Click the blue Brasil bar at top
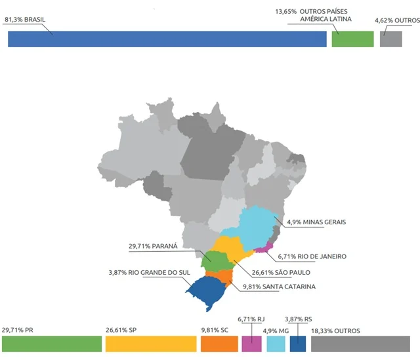tap(167, 39)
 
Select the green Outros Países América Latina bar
tap(352, 39)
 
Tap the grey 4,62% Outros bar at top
tap(390, 39)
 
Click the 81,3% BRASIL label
tap(28, 20)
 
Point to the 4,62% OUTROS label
tap(396, 21)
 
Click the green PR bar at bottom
tap(49, 344)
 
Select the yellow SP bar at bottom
tap(151, 344)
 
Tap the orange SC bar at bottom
tap(219, 344)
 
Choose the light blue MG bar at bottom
tap(276, 344)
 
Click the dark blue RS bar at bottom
tap(297, 344)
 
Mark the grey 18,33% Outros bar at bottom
tap(360, 344)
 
